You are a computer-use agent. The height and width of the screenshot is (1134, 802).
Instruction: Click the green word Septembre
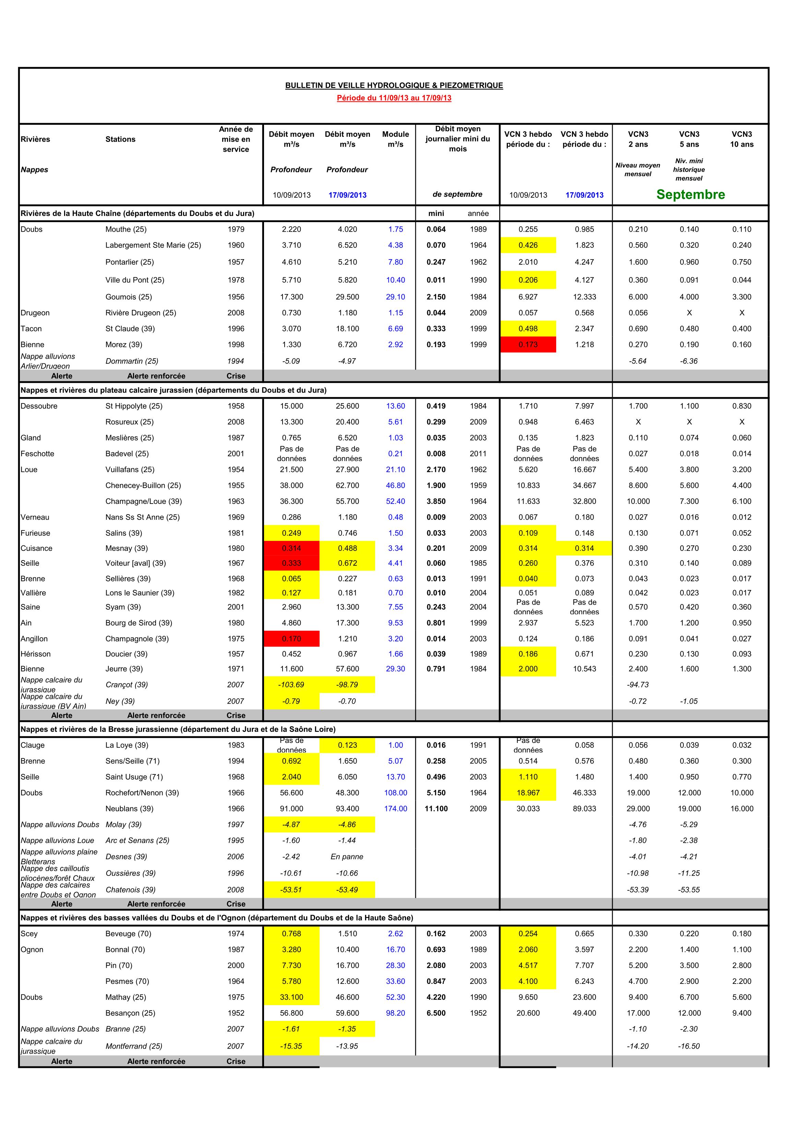[690, 195]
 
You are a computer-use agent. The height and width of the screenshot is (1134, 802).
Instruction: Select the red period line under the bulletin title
[394, 98]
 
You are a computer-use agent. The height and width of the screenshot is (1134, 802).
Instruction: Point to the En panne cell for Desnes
[347, 856]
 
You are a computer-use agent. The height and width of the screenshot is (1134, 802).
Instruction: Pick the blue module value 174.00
[395, 809]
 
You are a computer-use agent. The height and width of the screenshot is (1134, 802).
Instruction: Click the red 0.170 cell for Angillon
[291, 639]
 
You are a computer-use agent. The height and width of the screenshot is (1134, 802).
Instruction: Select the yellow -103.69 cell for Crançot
[291, 685]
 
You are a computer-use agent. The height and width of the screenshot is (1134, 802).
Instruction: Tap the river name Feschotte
[38, 454]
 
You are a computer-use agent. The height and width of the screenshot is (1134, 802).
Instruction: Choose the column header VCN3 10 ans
[742, 139]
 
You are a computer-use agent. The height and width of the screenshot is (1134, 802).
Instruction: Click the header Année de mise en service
[236, 139]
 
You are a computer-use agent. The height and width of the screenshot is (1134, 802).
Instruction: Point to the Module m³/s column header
[395, 139]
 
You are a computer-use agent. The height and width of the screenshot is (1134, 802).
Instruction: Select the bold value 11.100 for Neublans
[436, 809]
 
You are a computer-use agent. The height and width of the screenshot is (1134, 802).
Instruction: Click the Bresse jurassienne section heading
[178, 729]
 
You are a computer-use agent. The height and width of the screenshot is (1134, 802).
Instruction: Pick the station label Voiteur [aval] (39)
[135, 563]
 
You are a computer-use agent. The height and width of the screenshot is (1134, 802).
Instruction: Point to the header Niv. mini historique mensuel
[689, 169]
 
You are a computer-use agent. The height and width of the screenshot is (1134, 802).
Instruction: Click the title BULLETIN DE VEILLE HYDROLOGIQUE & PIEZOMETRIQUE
[394, 85]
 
